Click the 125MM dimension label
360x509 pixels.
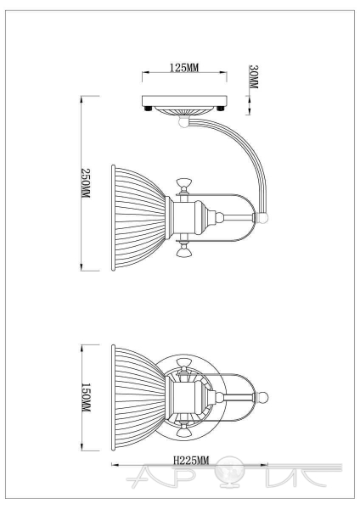pos(184,68)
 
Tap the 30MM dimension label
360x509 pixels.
pos(253,77)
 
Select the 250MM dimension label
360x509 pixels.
pos(86,183)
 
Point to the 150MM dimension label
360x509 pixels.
pos(86,397)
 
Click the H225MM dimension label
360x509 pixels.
pos(191,460)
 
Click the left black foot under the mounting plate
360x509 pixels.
pos(149,109)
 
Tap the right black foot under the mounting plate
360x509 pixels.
pos(221,109)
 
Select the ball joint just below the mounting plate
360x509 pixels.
pos(184,122)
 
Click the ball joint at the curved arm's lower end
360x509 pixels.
pos(262,217)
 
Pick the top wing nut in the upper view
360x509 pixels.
pos(183,184)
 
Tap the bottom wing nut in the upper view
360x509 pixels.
pos(183,250)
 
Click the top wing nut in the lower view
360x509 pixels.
pos(184,364)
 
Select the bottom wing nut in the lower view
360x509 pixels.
pos(184,430)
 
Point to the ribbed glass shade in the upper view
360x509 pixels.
pos(138,217)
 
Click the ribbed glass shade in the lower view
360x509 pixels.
pos(138,397)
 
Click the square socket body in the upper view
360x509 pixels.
pos(183,217)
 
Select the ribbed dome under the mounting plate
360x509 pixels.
pos(184,110)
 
